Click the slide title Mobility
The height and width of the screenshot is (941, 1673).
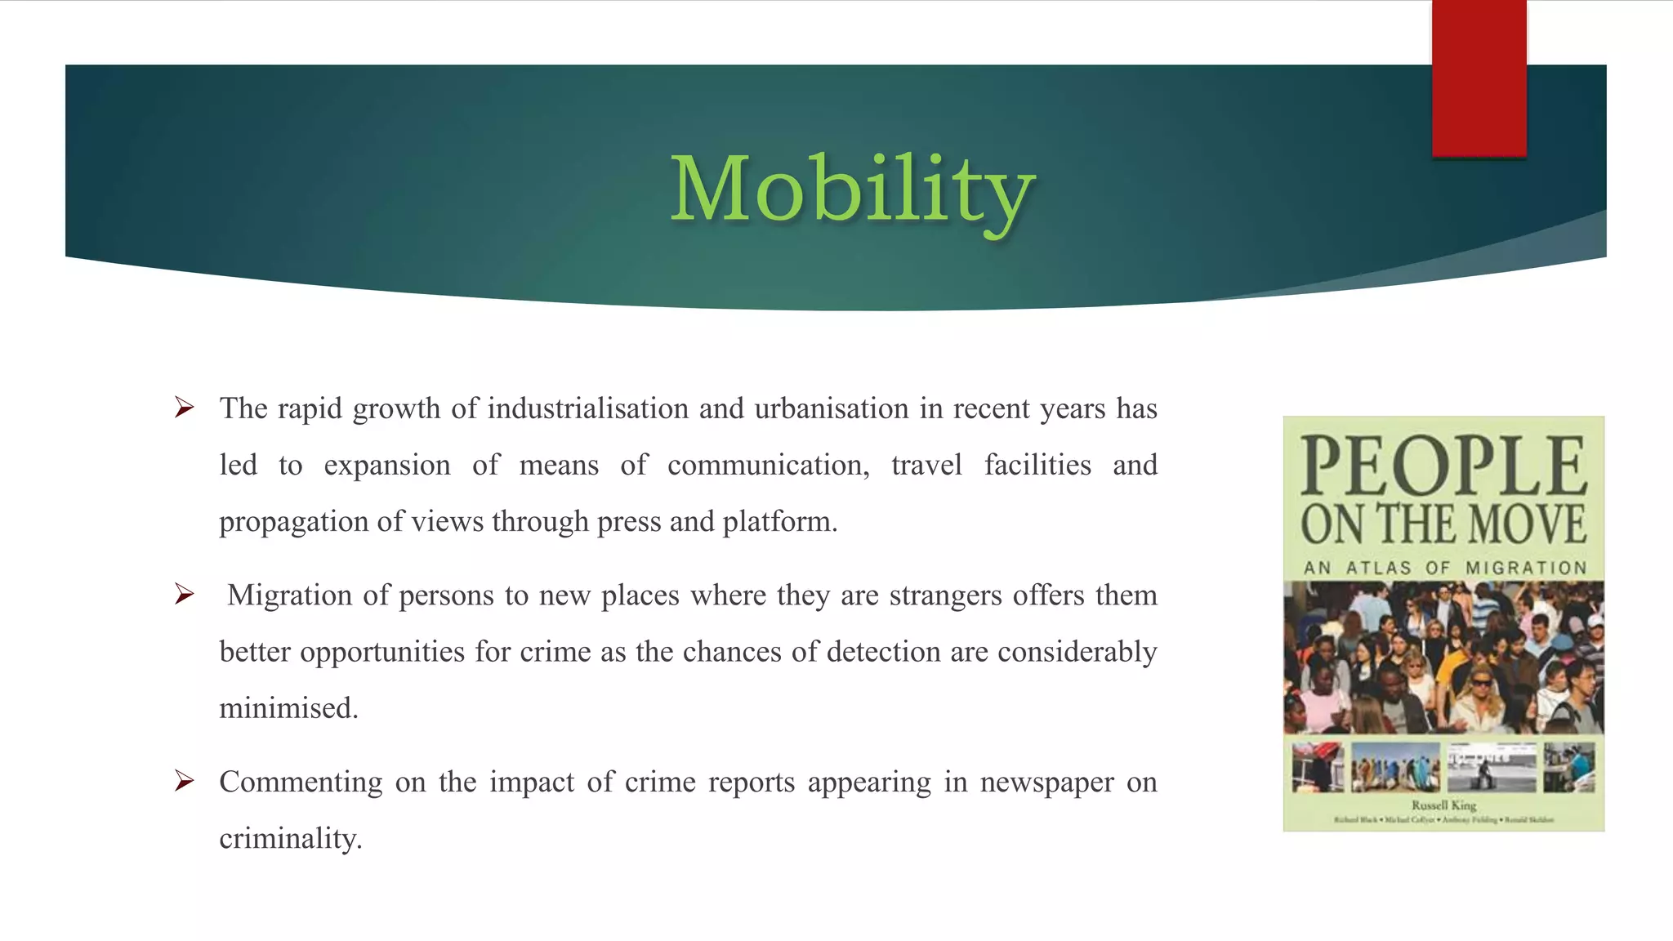852,190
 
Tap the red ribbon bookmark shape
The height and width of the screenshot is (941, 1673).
1479,78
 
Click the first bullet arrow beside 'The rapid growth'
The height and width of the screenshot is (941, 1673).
185,407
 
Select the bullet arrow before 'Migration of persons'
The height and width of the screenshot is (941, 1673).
185,594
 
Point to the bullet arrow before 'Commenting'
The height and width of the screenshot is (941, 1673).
185,781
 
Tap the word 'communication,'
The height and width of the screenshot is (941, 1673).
768,465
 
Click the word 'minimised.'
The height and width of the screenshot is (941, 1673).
289,708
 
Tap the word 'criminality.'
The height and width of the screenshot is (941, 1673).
291,839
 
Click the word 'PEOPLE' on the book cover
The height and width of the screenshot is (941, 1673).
1443,466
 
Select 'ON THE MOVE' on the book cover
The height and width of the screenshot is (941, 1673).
1443,524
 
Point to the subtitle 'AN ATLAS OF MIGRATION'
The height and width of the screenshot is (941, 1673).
1444,568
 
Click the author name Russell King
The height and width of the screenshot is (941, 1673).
1443,805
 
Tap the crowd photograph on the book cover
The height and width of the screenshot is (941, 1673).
1443,658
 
